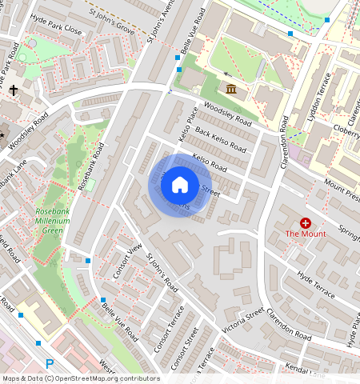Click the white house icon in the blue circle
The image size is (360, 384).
tap(180, 186)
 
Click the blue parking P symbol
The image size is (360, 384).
tap(50, 364)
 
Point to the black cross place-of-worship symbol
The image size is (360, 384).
tap(14, 91)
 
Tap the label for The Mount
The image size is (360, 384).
tap(306, 234)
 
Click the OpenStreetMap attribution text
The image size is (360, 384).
tap(81, 378)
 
